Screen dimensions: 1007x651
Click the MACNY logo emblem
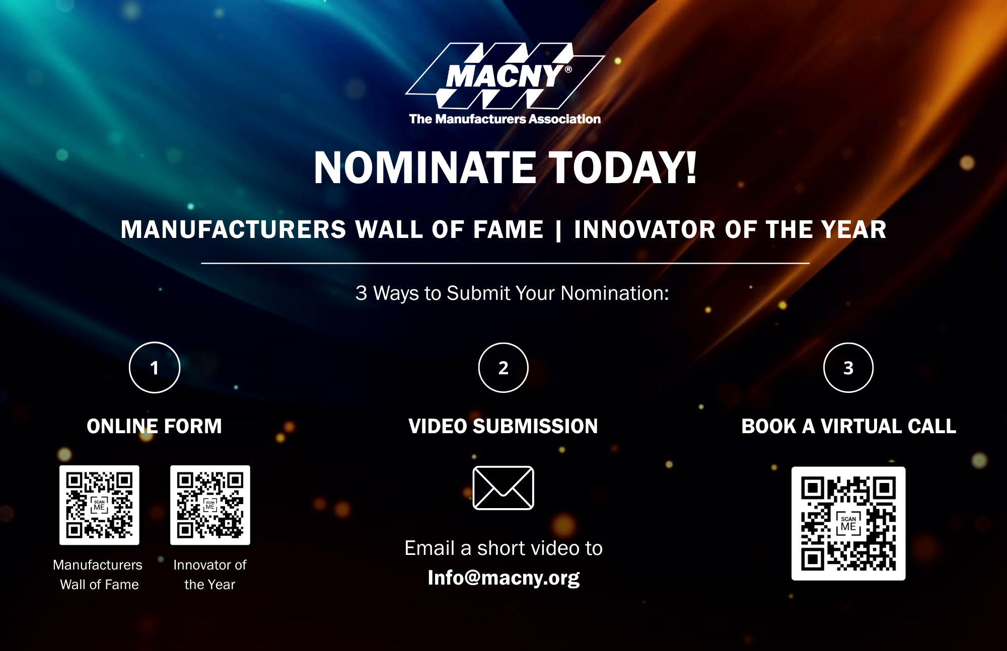pos(505,75)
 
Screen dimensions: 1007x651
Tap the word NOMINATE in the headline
pos(425,168)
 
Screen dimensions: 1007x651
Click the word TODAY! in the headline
pos(623,168)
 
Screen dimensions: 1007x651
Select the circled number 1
pos(155,367)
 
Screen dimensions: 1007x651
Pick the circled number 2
pos(503,367)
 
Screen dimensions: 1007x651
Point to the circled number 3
pos(848,367)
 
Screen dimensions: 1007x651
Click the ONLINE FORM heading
pos(154,426)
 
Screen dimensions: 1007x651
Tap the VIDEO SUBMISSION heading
pos(503,426)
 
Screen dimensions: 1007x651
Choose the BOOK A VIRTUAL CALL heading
pos(849,426)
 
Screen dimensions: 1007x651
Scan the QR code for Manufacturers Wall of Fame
pos(99,505)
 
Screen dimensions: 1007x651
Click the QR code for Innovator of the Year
pos(210,505)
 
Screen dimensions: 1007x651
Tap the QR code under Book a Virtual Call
pos(848,524)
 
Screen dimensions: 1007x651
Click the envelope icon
pos(503,488)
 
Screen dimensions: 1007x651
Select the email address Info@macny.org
pos(503,578)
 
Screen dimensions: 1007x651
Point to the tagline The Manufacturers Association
pos(505,119)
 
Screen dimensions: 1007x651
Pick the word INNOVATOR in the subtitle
pos(645,230)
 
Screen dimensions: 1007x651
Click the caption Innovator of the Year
pos(210,575)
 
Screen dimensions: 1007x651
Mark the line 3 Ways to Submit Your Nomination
pos(513,293)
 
